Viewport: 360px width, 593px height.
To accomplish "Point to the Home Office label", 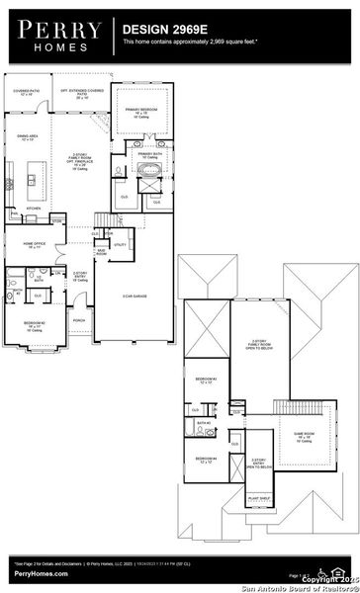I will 37,243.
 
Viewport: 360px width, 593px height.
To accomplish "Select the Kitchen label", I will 34,209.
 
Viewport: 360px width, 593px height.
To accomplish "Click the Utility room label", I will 119,244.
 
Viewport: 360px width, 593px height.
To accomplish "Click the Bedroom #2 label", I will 34,325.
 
